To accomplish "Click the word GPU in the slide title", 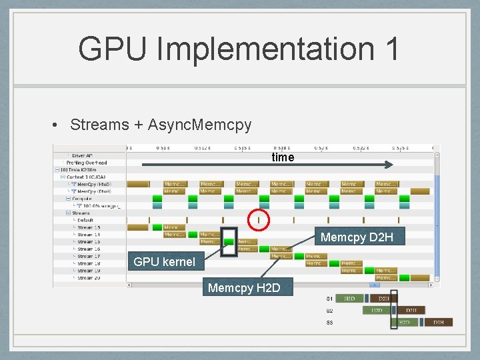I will tap(113, 49).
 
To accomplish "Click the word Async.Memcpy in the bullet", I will tap(199, 125).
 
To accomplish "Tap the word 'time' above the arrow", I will tap(283, 157).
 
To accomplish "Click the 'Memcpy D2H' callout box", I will tap(357, 237).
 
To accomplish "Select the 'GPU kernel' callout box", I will tap(164, 262).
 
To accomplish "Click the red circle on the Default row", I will tap(259, 219).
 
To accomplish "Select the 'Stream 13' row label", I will tap(88, 227).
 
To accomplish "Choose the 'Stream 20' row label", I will tap(88, 278).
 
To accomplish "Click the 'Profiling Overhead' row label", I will tap(87, 163).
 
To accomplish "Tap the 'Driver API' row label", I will tap(84, 155).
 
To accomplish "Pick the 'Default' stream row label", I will tap(85, 220).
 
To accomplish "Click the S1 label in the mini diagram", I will tap(329, 299).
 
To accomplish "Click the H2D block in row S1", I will tap(349, 299).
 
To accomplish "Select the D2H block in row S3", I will tap(439, 323).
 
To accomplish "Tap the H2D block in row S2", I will tap(377, 311).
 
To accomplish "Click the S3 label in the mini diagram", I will tap(329, 323).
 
